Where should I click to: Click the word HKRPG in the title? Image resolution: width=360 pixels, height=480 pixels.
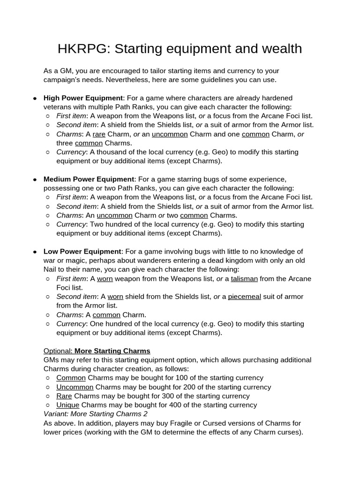[x=82, y=49]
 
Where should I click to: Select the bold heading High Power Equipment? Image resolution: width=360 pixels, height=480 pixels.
[x=82, y=98]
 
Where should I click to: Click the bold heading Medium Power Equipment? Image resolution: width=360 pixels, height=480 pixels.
[x=89, y=179]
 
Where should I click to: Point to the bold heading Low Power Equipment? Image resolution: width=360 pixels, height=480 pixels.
[x=82, y=251]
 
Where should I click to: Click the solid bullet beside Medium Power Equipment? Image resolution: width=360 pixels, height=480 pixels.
[x=35, y=180]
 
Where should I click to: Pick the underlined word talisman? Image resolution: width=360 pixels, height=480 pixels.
[x=244, y=278]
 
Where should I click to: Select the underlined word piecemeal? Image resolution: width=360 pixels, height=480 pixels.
[x=244, y=296]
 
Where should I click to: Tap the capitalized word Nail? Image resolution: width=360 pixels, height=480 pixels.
[x=52, y=270]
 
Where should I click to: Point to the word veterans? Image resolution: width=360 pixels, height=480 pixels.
[x=58, y=107]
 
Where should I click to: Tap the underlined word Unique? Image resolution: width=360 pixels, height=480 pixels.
[x=67, y=405]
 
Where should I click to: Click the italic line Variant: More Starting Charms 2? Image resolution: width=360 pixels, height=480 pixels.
[x=95, y=414]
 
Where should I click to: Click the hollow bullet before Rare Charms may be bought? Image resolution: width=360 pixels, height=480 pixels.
[x=49, y=396]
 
